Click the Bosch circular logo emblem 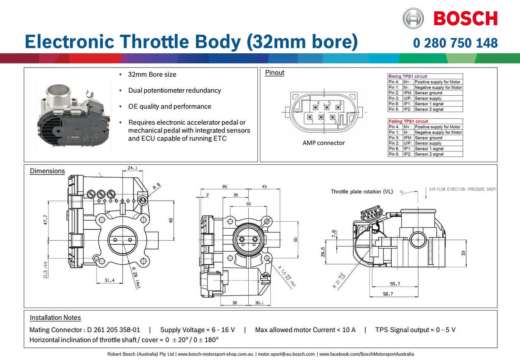(x=413, y=18)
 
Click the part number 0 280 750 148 (x=455, y=43)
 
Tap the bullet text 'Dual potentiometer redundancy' (x=174, y=91)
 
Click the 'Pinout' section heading (x=274, y=73)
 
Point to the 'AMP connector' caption (x=324, y=143)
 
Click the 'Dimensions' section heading (x=47, y=171)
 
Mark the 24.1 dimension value (x=133, y=169)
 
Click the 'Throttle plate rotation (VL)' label (x=362, y=191)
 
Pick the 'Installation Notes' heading (x=55, y=318)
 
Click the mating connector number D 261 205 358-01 (x=110, y=330)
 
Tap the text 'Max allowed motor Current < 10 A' (x=305, y=330)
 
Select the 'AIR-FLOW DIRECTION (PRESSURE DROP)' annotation (x=463, y=189)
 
